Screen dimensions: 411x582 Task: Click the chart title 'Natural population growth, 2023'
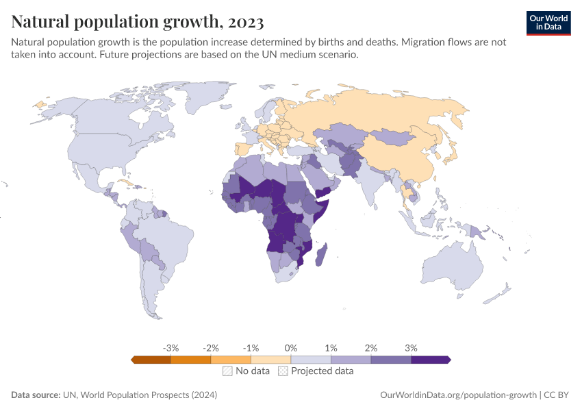pyautogui.click(x=138, y=22)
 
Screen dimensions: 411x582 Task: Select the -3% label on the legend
pyautogui.click(x=170, y=348)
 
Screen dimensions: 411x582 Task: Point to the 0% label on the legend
pyautogui.click(x=291, y=348)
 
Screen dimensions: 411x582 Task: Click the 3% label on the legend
pyautogui.click(x=411, y=348)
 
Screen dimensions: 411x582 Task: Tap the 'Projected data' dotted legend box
pyautogui.click(x=283, y=371)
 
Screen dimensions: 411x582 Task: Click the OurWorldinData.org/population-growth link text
pyautogui.click(x=457, y=395)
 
